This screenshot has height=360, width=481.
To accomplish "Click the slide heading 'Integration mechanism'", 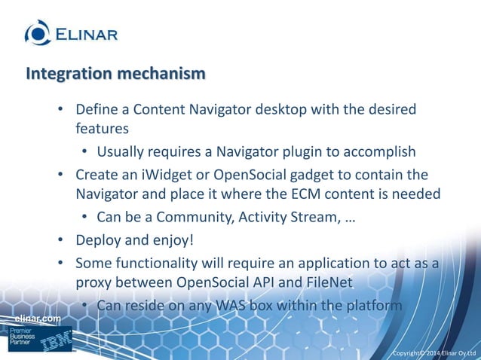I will pos(115,74).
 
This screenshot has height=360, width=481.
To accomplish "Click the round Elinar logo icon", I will pos(38,32).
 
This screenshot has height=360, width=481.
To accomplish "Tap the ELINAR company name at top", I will pos(85,33).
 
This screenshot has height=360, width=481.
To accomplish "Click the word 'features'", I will pos(101,129).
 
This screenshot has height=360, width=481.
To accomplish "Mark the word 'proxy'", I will pos(94,282).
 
